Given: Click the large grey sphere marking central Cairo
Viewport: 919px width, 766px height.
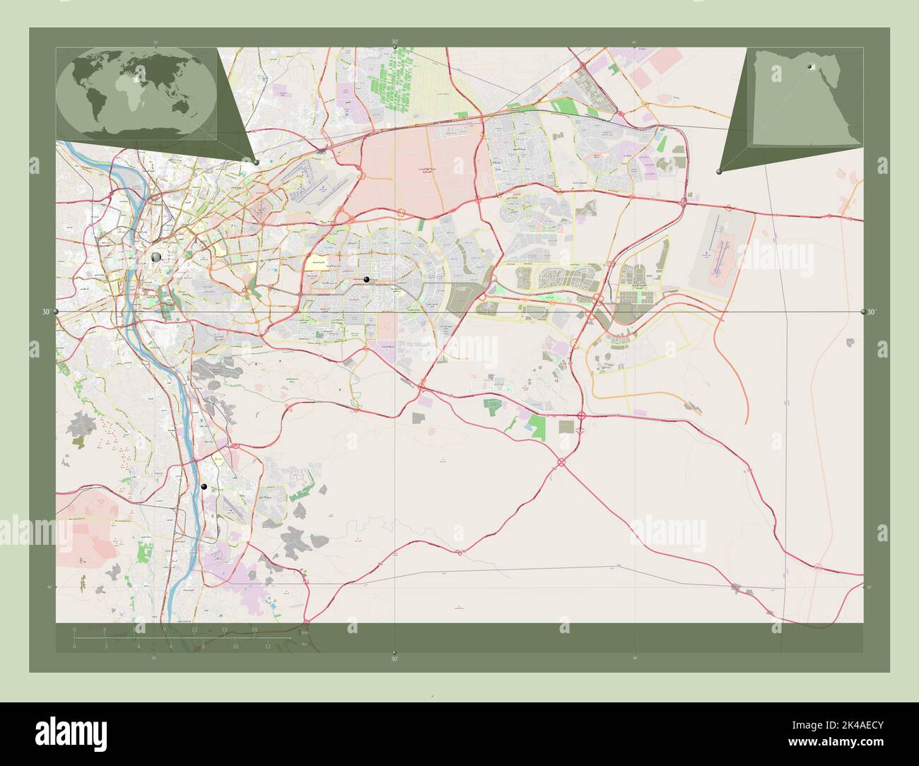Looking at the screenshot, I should click(156, 257).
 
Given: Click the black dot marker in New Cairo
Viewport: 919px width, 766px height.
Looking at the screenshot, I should click(366, 280).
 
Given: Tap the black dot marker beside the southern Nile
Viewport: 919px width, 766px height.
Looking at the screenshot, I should click(204, 487).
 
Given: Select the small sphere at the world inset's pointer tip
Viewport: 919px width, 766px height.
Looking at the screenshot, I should click(256, 163).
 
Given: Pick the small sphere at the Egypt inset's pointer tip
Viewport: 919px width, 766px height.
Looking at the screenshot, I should click(718, 172).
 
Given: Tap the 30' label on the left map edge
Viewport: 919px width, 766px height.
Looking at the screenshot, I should click(47, 312).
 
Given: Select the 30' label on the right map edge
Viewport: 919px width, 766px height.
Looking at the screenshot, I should click(872, 312).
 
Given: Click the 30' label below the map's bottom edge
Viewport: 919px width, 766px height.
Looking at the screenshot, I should click(394, 659).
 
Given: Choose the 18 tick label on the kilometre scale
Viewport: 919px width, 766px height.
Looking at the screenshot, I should click(254, 629).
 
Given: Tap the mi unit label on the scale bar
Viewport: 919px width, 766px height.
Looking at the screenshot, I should click(304, 644).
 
